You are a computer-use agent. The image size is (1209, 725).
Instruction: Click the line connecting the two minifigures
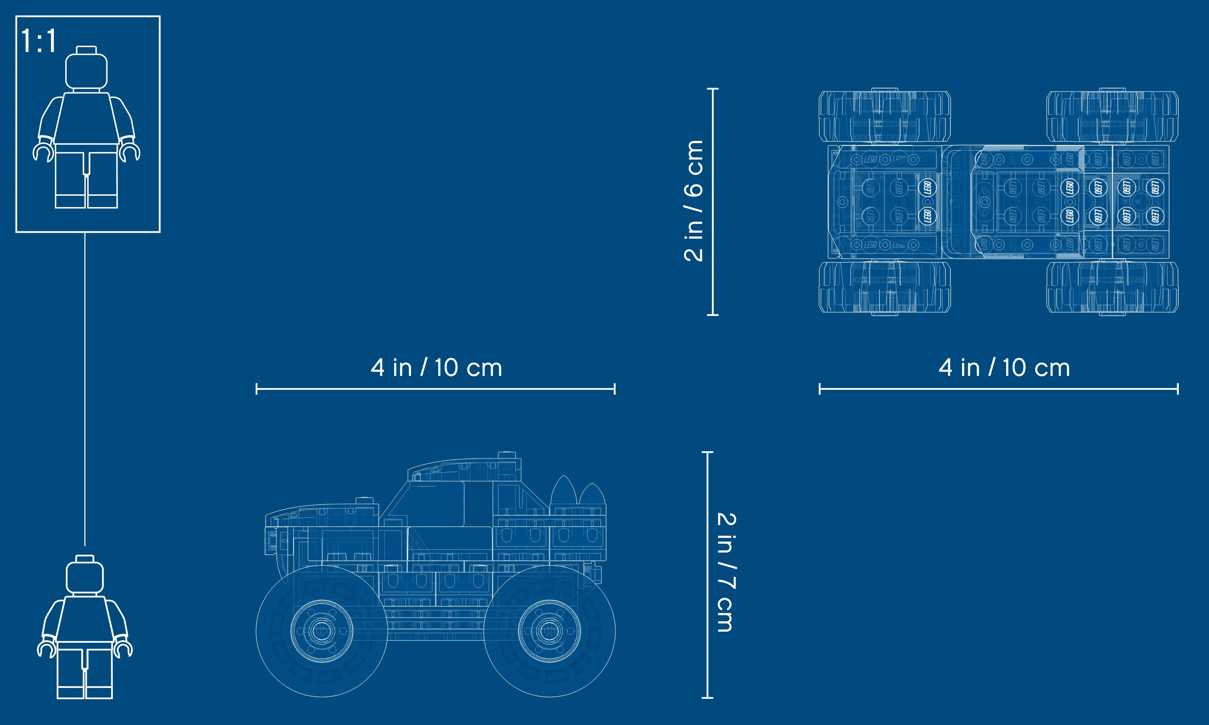[85, 391]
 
